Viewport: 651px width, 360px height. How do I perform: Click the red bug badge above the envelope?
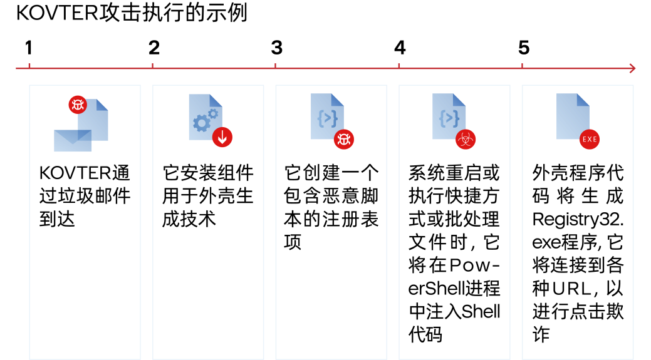(x=78, y=105)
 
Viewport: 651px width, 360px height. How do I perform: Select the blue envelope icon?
(x=73, y=141)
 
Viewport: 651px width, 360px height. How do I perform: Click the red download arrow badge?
(x=222, y=137)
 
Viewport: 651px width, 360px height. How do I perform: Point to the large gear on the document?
(x=201, y=123)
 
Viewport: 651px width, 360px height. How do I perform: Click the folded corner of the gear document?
(x=216, y=100)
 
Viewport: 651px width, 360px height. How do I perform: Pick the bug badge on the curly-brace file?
(x=344, y=139)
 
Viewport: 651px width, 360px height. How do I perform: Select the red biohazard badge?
(x=466, y=139)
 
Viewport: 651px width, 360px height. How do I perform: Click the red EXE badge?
(x=590, y=139)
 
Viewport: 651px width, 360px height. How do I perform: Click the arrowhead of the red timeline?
(x=633, y=68)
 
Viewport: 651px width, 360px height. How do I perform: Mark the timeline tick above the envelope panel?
(x=29, y=66)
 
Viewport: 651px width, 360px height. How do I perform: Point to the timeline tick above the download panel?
(x=152, y=66)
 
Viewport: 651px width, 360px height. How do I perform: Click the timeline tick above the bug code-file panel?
(x=275, y=66)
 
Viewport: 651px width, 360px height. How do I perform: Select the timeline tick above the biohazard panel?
(x=399, y=66)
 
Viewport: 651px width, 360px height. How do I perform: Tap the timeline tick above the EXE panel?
(x=522, y=66)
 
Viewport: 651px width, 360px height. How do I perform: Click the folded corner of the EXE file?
(x=583, y=99)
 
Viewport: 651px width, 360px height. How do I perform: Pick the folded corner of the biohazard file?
(x=459, y=99)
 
